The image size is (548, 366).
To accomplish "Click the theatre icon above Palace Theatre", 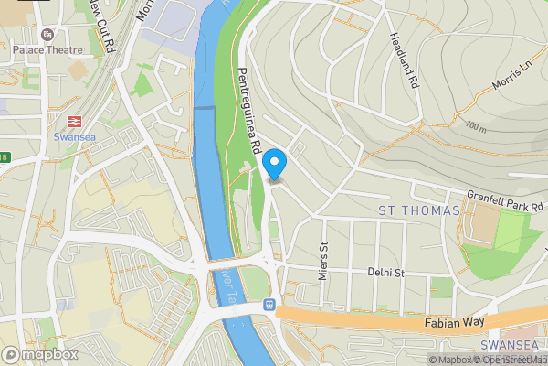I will (x=17, y=34).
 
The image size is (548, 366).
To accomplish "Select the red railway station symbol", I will (x=74, y=120).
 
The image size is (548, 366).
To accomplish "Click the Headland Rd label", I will (x=402, y=60).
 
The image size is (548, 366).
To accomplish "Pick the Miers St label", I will (x=323, y=259).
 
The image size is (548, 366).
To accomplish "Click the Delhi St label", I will (x=385, y=273).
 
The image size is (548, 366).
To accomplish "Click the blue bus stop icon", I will (x=269, y=304).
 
